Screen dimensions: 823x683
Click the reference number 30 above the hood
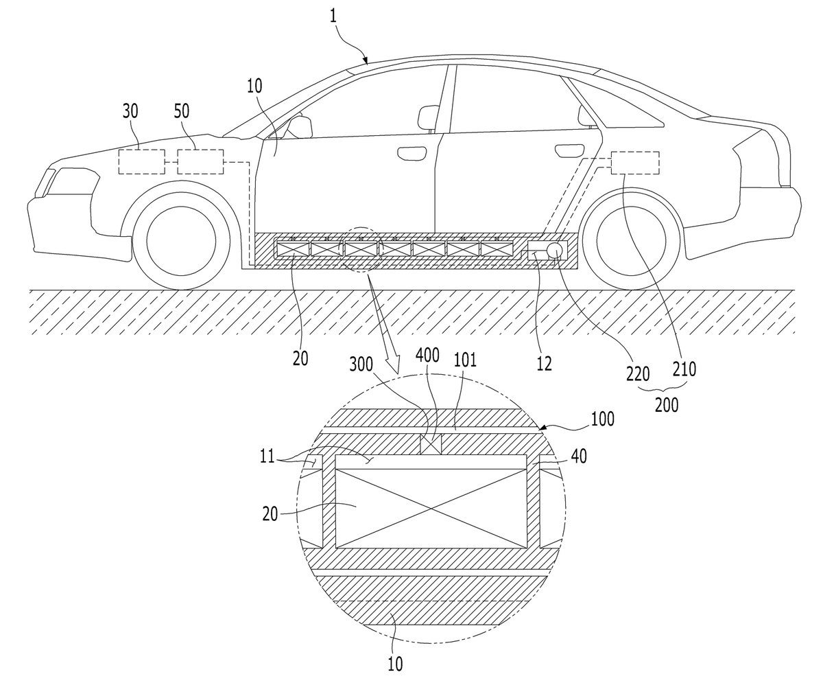click(x=130, y=112)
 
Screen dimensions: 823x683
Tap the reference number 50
click(x=182, y=112)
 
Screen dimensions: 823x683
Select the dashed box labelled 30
click(x=142, y=162)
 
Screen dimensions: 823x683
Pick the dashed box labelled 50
click(x=201, y=162)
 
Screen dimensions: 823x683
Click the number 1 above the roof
click(x=333, y=17)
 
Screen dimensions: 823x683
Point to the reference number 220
click(x=638, y=373)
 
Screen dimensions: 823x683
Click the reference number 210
click(x=684, y=369)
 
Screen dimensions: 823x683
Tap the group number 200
click(x=667, y=405)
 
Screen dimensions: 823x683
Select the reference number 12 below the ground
click(x=545, y=364)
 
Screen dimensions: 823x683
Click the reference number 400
click(x=428, y=355)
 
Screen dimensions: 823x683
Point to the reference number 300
click(x=361, y=365)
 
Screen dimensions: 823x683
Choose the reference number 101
click(x=466, y=360)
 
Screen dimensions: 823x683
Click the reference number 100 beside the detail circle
click(x=603, y=419)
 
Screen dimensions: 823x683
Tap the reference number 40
click(x=579, y=456)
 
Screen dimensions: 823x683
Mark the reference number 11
click(x=267, y=456)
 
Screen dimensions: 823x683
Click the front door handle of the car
click(x=412, y=152)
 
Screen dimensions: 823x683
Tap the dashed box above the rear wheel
click(x=635, y=163)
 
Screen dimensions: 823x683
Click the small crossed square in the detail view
click(x=431, y=444)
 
